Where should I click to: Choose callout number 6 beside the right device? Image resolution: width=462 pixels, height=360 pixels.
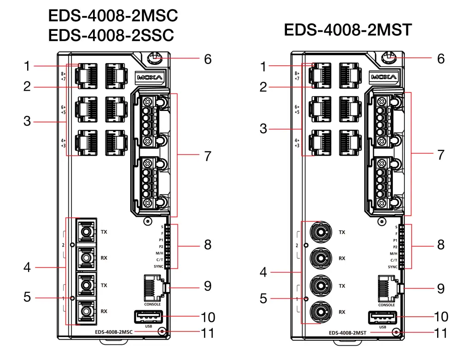point(441,58)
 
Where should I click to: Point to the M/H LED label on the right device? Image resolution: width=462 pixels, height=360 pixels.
point(393,253)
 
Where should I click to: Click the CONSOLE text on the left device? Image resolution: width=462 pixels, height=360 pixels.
point(152,304)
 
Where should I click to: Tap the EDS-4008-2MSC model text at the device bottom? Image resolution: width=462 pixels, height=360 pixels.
point(114,331)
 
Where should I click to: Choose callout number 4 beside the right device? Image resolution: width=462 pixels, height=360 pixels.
point(263,272)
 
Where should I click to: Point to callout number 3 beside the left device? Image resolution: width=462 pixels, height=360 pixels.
point(28,122)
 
